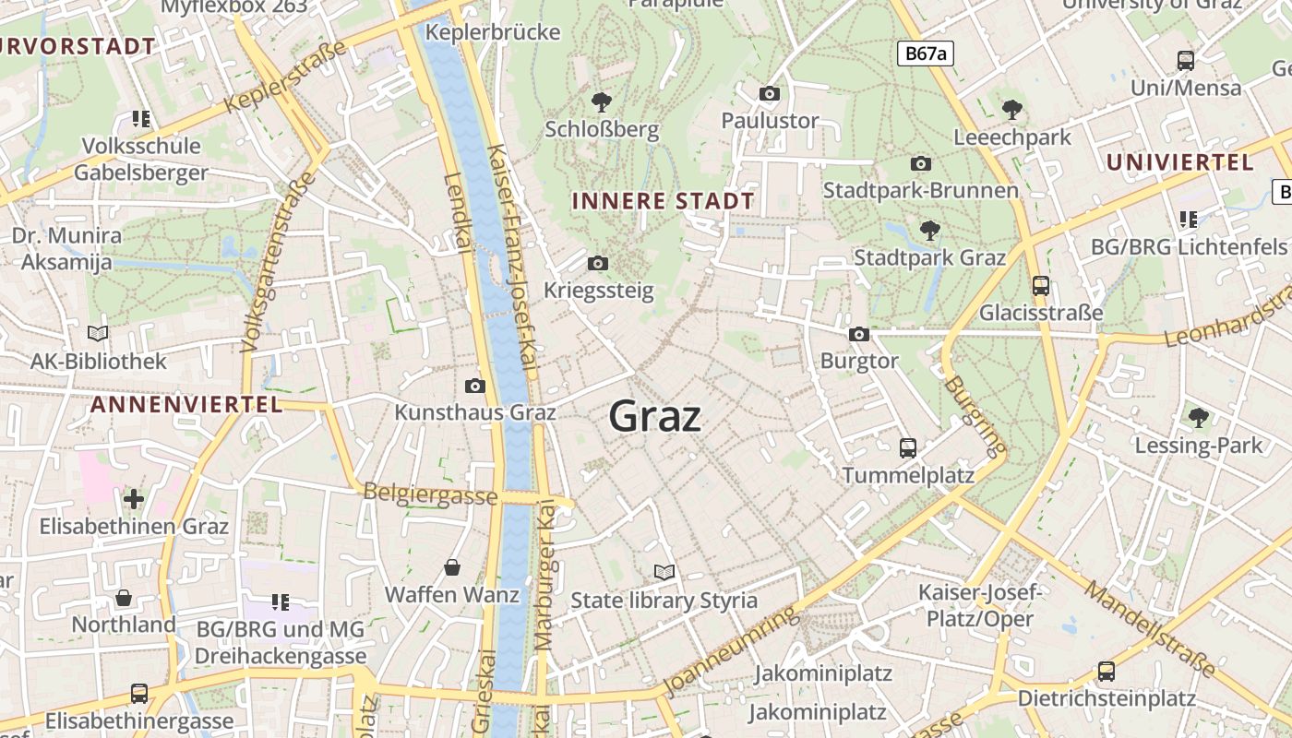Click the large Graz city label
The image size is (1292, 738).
click(655, 417)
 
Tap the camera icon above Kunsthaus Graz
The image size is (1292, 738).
click(475, 386)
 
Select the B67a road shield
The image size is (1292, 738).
click(926, 54)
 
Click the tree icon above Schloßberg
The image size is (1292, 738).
click(602, 101)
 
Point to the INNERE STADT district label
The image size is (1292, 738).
click(663, 201)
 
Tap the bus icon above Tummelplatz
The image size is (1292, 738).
click(908, 448)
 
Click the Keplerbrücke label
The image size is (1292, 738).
click(494, 32)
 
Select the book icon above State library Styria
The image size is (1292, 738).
click(664, 572)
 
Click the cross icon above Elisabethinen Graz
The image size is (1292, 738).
click(134, 499)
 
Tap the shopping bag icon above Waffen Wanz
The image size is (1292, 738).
click(452, 566)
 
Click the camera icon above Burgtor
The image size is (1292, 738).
click(859, 334)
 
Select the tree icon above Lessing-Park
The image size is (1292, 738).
click(1198, 418)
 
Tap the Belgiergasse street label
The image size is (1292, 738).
click(430, 494)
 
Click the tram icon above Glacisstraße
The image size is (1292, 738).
click(1041, 285)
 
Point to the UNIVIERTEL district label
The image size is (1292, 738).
click(1179, 162)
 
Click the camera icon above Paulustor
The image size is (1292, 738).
click(770, 93)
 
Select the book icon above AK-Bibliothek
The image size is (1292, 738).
click(98, 333)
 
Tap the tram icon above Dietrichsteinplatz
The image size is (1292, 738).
click(1106, 671)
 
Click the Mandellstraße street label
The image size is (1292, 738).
click(1149, 627)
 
